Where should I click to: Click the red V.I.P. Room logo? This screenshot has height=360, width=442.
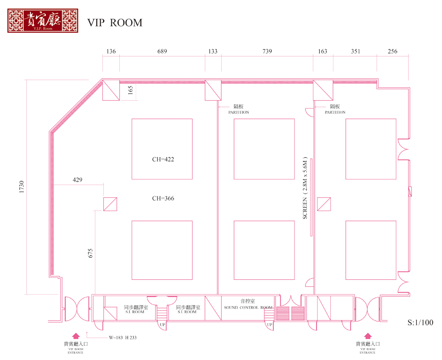coord(42,21)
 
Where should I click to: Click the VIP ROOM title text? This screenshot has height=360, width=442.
coord(115,23)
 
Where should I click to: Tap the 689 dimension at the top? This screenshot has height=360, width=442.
coord(162,51)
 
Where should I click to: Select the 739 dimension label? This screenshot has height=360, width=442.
coord(267,51)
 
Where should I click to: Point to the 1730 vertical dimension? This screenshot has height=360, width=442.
coord(22,187)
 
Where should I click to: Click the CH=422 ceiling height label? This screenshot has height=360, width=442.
coord(163,159)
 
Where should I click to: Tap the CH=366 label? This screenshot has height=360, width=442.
coord(163,199)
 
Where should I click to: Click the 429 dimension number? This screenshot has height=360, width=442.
coord(78,180)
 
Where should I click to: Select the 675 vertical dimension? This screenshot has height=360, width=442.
coord(91,253)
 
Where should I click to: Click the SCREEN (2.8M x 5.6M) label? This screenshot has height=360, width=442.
coord(305,188)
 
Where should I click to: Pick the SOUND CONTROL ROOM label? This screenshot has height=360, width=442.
coord(248,307)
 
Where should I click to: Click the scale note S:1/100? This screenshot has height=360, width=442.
coord(420,322)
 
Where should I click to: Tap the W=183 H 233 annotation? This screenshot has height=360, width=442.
coord(123,337)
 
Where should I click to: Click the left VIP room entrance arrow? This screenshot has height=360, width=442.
coord(76,336)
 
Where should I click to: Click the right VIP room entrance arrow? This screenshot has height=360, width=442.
coord(367,336)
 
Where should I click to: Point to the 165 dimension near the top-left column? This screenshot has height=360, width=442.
coord(130,90)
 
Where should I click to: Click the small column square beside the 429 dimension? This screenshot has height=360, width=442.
coord(110,204)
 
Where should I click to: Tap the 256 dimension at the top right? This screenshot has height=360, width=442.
coord(393,51)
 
